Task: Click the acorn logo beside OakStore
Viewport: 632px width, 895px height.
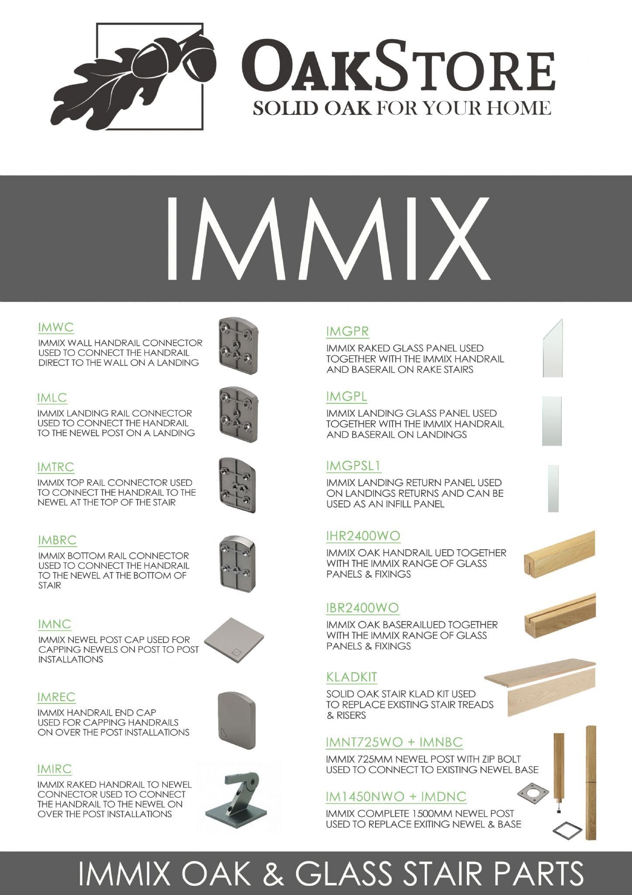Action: point(135,74)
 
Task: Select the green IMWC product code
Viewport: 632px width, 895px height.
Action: point(56,327)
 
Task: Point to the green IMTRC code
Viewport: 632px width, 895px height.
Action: point(56,467)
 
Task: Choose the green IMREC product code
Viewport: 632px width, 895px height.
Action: point(56,697)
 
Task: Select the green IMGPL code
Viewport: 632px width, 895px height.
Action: point(346,396)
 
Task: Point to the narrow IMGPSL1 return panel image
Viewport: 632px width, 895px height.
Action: point(553,488)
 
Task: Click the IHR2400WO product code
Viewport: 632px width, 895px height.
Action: point(363,536)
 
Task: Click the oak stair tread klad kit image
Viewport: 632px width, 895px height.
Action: point(540,690)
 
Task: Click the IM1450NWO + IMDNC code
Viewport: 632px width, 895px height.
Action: point(396,797)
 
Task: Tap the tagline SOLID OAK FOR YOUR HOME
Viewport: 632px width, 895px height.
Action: point(401,108)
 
